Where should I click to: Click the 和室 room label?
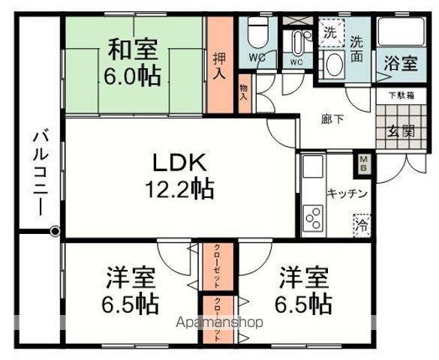point(134,51)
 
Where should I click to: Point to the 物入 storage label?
point(245,94)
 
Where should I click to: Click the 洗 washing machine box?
point(330,33)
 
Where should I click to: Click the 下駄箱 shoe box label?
point(400,95)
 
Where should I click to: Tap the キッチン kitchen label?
point(346,193)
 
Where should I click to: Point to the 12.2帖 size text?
point(179,188)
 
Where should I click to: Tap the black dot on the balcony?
point(55,232)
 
